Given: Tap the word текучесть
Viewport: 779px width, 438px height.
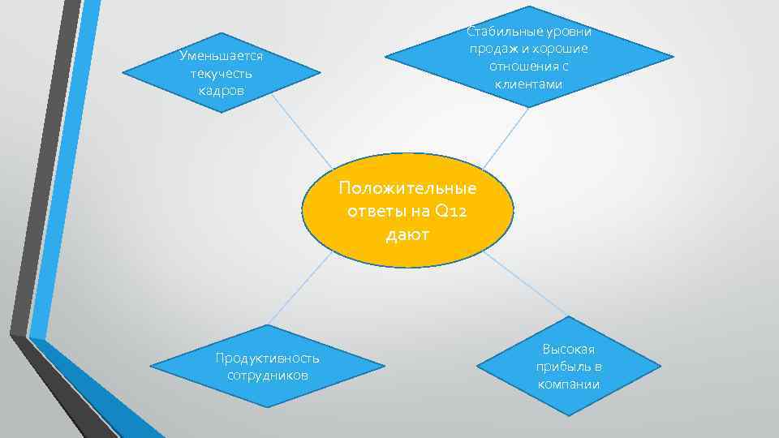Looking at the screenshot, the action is click(221, 73).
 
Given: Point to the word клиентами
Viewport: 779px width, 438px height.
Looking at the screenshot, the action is click(528, 84).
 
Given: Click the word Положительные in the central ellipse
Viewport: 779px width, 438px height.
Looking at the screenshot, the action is click(408, 188).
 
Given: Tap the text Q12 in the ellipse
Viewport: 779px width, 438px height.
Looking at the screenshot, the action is click(452, 212).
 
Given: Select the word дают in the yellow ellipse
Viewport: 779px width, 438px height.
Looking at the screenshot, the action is click(408, 235).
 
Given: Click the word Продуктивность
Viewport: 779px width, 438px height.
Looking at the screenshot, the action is click(267, 358).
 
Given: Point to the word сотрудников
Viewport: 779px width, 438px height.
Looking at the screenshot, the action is click(267, 375).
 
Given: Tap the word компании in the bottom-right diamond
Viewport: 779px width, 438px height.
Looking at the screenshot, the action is click(568, 384).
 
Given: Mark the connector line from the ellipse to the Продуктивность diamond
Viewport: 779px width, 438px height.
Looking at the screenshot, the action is click(300, 288).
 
